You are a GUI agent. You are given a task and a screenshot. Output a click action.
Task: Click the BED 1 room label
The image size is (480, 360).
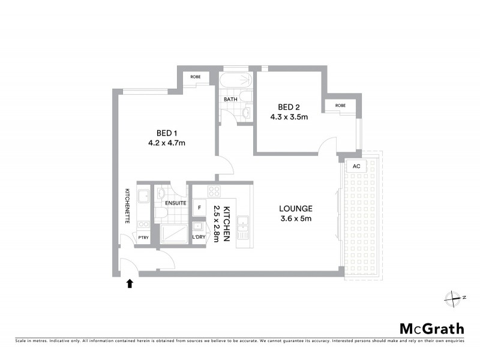pos(166,133)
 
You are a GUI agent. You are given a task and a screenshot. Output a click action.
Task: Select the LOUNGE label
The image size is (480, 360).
pos(296,208)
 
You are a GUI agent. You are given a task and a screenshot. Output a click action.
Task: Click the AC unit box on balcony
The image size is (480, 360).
pos(356,166)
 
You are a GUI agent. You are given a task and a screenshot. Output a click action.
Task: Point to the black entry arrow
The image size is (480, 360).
pos(129,283)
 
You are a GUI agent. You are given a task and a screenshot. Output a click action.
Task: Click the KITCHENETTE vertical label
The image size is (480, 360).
pos(128,206)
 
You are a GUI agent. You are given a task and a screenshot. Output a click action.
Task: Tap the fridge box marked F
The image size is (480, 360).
pos(199,206)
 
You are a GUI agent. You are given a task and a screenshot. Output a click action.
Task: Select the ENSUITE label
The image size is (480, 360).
pos(175,203)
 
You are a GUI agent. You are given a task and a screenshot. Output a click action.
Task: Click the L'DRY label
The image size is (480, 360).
pos(199,238)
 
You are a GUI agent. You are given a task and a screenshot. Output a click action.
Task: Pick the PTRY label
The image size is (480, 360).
pos(143,238)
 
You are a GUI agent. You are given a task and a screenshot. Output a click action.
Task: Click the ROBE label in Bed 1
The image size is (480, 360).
pos(196,77)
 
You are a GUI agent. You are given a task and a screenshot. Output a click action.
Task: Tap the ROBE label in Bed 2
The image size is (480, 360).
pos(340,106)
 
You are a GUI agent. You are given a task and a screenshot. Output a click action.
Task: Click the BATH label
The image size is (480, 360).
pos(230,99)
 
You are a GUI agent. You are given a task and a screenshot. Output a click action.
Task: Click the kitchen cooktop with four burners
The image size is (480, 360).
pos(214,192)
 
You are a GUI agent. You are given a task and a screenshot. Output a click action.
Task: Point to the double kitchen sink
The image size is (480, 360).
pos(244,226)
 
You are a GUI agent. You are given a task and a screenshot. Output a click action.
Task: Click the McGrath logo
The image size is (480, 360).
pos(431,328)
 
